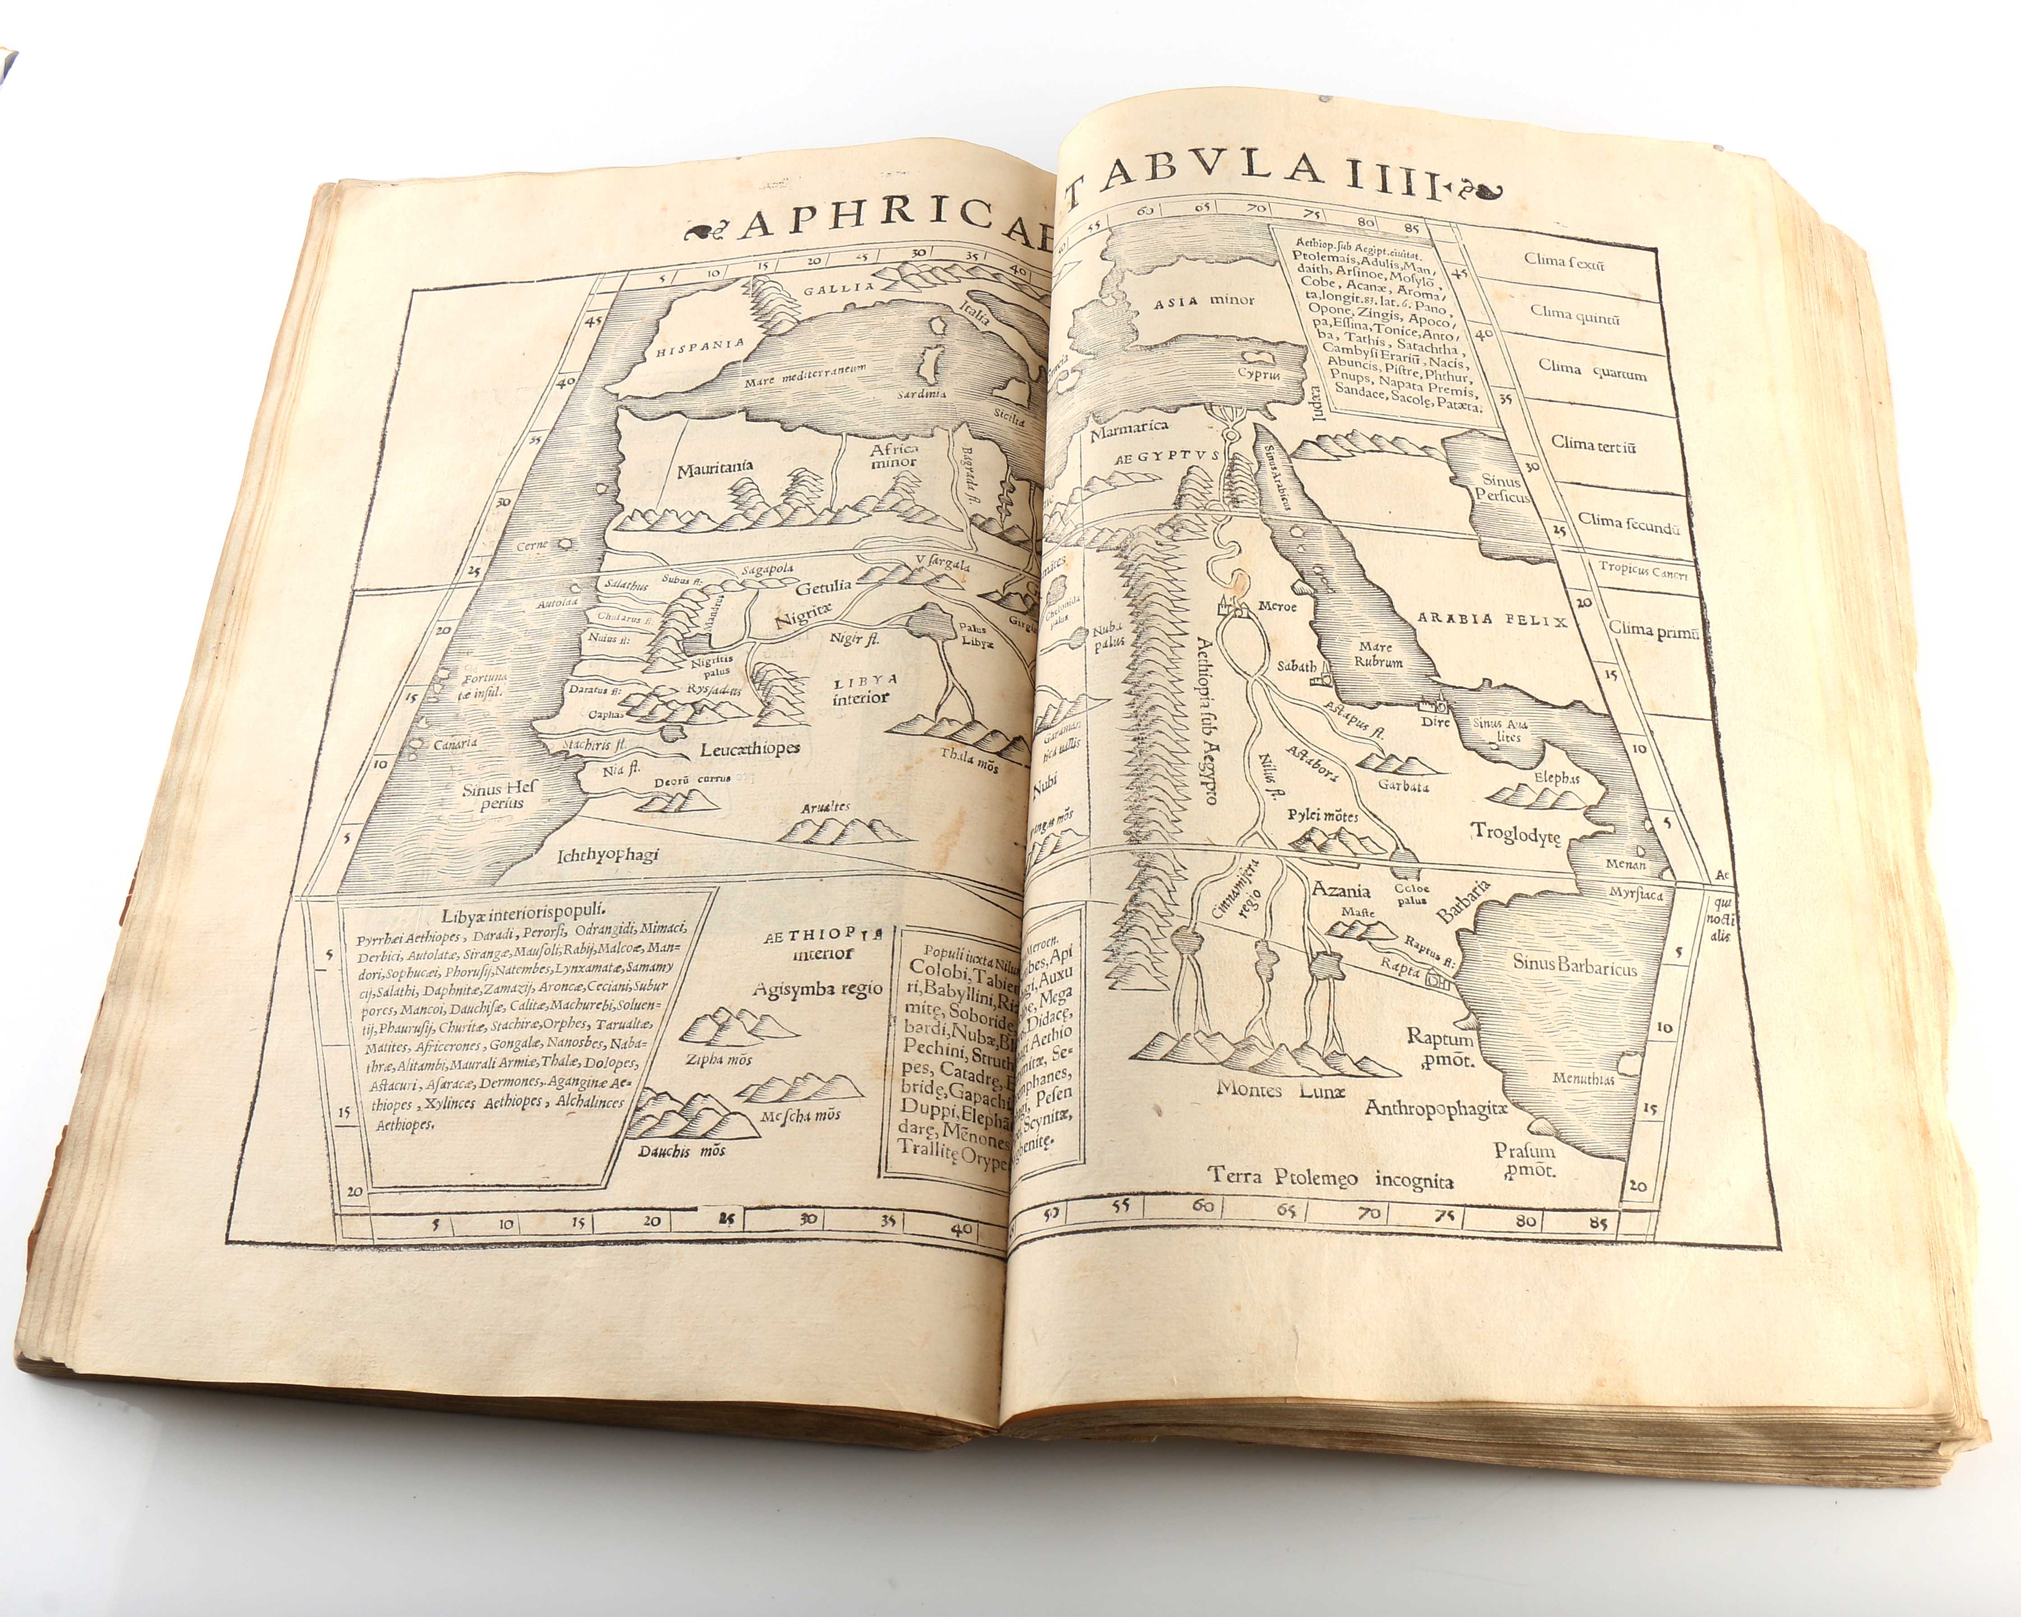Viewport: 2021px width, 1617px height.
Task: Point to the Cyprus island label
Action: tap(1257, 373)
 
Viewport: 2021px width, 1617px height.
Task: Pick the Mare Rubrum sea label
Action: tap(1379, 654)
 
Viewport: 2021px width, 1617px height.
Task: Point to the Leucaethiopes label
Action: tap(750, 749)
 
